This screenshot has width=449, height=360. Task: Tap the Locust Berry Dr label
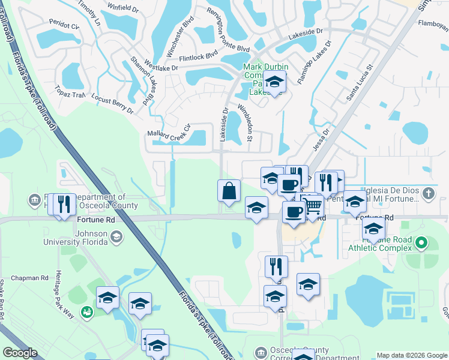pos(112,103)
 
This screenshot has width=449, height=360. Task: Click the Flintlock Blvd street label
pos(197,56)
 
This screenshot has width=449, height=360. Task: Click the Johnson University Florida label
pos(74,239)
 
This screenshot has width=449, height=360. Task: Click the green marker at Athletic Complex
pos(421,244)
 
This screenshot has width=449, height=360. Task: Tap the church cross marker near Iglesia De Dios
pos(428,194)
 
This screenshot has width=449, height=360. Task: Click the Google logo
pos(20,353)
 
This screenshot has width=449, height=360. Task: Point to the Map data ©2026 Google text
pos(411,355)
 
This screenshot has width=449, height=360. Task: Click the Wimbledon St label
pos(245,120)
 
